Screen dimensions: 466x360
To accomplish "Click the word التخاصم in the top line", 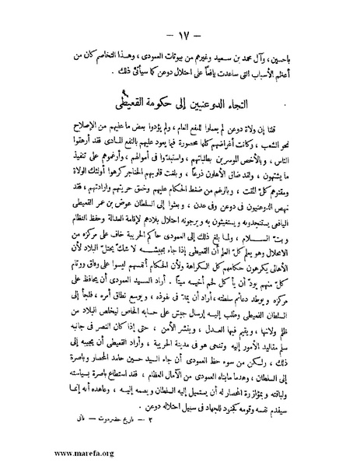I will [109, 58].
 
